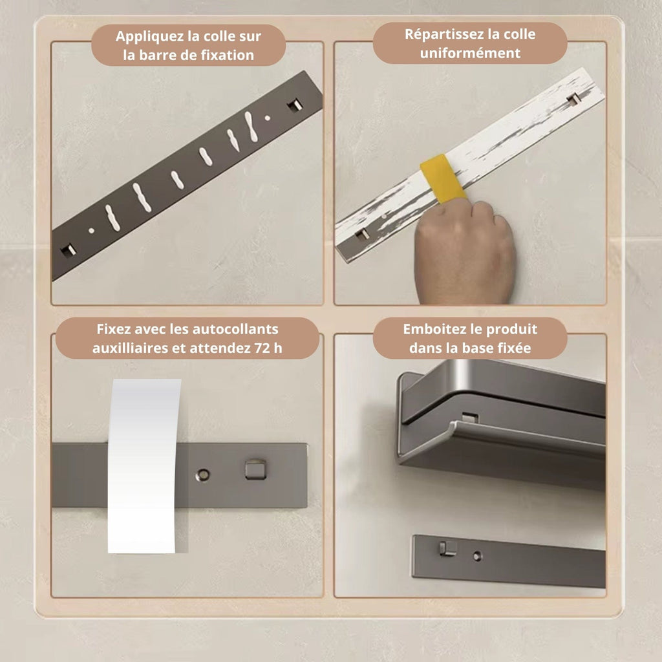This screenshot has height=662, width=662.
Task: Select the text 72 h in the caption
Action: (x=268, y=348)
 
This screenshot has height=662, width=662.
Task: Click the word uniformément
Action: (x=470, y=53)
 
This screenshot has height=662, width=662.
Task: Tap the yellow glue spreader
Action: (x=442, y=178)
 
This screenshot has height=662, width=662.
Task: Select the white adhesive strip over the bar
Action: (x=144, y=465)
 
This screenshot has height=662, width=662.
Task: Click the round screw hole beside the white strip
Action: (x=202, y=475)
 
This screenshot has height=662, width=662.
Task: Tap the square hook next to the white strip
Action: (x=255, y=469)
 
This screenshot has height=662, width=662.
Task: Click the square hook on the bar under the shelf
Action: (x=448, y=548)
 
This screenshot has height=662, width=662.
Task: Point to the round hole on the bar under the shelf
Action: (x=477, y=556)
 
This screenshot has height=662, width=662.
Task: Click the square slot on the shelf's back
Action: (x=470, y=418)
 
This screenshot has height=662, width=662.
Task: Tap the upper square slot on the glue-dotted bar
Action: (x=295, y=105)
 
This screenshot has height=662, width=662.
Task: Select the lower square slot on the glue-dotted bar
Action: (x=69, y=250)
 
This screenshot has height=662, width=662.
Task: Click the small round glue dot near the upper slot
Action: (x=267, y=118)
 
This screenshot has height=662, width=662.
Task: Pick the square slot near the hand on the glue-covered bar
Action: (x=361, y=234)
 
